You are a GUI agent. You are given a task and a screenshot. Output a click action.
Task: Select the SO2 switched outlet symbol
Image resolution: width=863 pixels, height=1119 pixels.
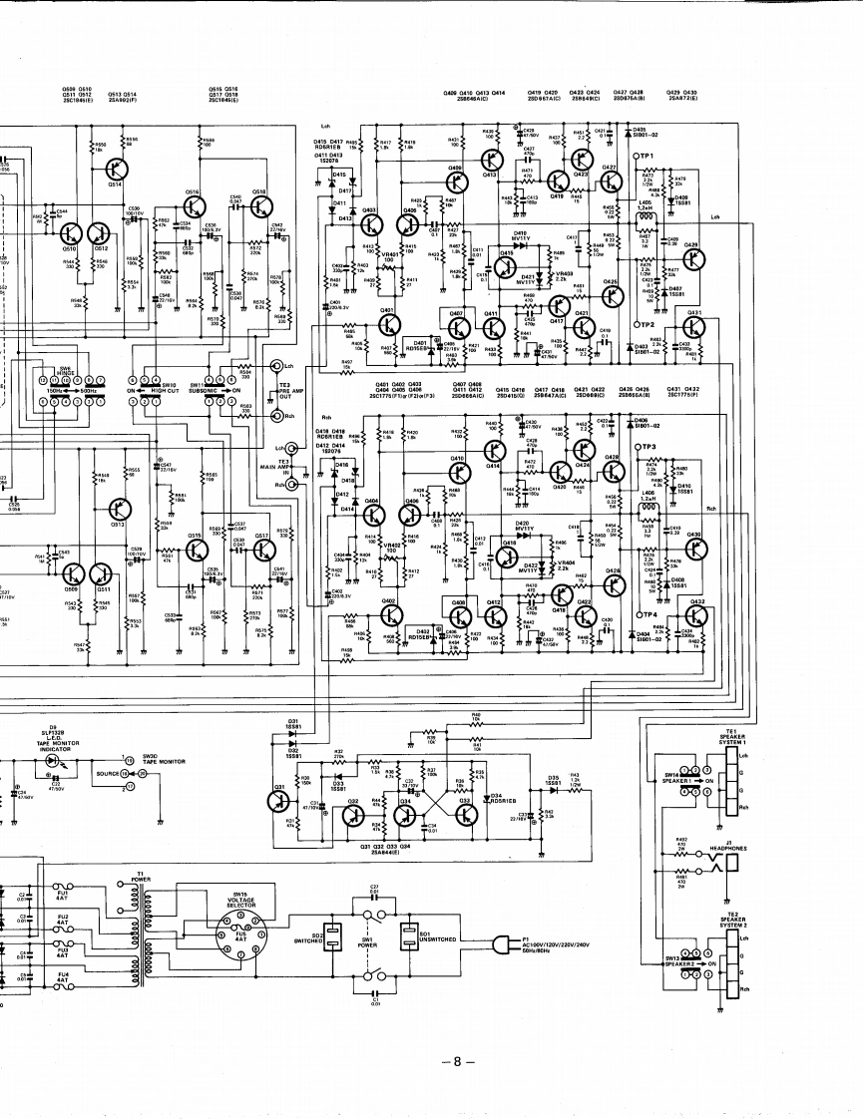click(x=334, y=938)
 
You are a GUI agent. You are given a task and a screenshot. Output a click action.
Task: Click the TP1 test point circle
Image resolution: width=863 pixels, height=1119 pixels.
click(x=636, y=158)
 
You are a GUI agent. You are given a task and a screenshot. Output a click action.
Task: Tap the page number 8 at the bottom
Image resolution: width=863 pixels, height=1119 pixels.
click(x=457, y=1061)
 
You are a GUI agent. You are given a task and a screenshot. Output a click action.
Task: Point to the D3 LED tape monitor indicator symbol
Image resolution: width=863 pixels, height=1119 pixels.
click(x=52, y=760)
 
